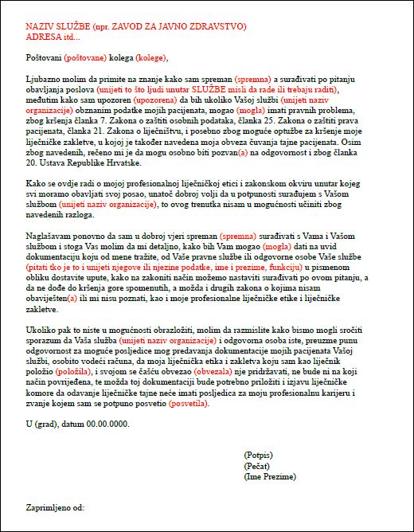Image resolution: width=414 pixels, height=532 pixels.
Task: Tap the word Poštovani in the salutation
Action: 44,58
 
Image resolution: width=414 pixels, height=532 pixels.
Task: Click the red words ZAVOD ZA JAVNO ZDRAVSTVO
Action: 183,27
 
